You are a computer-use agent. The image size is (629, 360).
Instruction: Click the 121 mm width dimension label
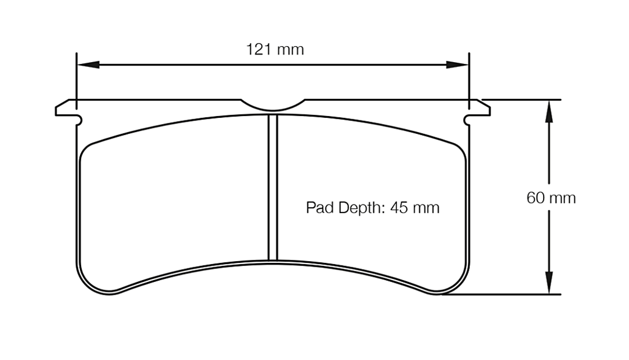click(275, 50)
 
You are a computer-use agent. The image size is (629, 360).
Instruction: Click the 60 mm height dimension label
click(551, 198)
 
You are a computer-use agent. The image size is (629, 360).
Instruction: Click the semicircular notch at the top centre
click(273, 106)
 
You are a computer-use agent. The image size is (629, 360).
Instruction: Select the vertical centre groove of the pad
click(273, 187)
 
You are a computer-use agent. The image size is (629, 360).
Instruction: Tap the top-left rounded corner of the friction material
click(88, 149)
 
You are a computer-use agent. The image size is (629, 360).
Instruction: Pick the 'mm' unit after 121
click(291, 50)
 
